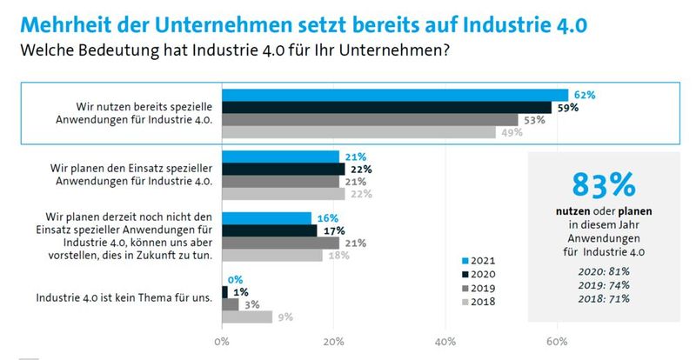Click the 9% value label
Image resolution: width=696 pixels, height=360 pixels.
point(284,317)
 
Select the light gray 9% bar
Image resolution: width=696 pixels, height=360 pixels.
point(247,317)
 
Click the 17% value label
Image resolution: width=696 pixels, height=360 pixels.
point(331,230)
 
